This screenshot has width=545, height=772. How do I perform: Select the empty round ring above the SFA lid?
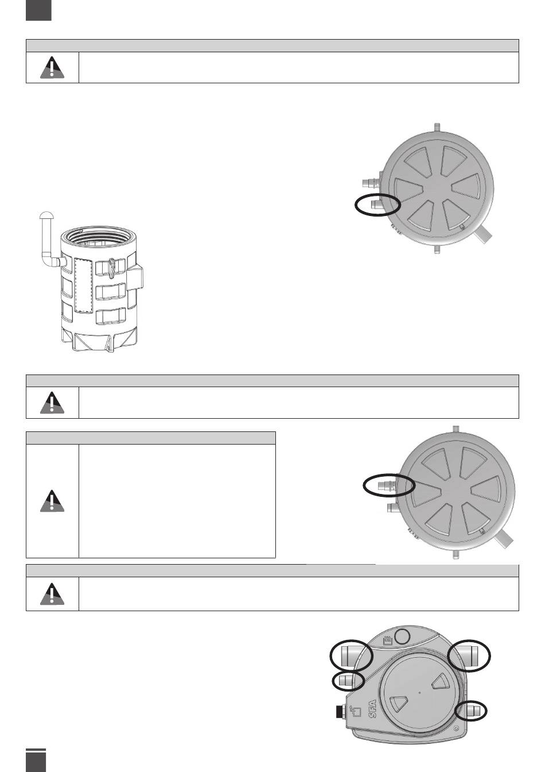pyautogui.click(x=402, y=636)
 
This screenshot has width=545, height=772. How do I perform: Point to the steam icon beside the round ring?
pyautogui.click(x=387, y=640)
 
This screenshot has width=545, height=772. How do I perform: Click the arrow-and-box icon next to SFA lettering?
pyautogui.click(x=356, y=711)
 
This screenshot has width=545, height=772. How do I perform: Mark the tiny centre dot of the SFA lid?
pyautogui.click(x=419, y=692)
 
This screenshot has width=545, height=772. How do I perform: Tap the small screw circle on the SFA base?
pyautogui.click(x=456, y=735)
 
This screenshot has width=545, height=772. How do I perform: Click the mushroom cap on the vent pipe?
pyautogui.click(x=46, y=215)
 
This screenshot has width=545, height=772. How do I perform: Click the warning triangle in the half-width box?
pyautogui.click(x=52, y=501)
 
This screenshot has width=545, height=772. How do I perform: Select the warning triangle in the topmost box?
pyautogui.click(x=52, y=67)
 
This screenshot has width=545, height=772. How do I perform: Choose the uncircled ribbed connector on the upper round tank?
pyautogui.click(x=372, y=182)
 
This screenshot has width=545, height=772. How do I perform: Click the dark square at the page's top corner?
pyautogui.click(x=38, y=10)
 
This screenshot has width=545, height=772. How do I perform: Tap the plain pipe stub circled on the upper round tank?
pyautogui.click(x=377, y=206)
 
